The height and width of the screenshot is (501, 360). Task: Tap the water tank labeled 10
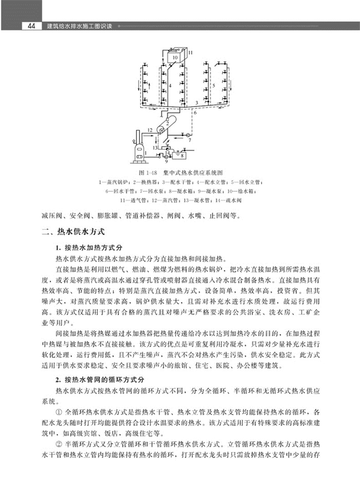(x=175, y=57)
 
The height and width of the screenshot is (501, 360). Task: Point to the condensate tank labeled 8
(x=182, y=155)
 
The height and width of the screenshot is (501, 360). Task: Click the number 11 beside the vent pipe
(x=190, y=53)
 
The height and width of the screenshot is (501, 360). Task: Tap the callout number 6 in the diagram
(x=194, y=112)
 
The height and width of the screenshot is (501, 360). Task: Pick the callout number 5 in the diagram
(x=214, y=85)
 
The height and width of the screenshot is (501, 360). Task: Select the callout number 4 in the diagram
(x=170, y=85)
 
